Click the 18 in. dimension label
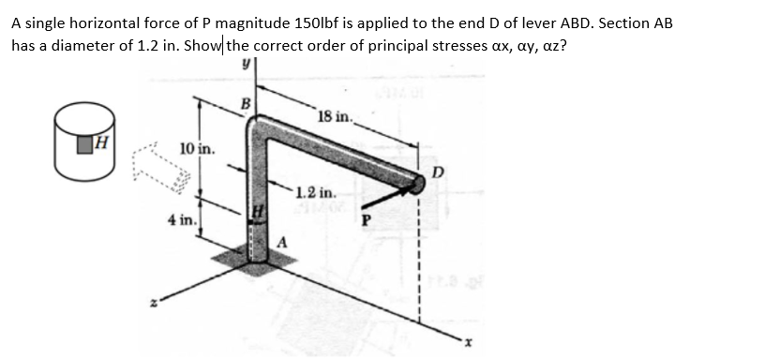[335, 117]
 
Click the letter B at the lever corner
[247, 102]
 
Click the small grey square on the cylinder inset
[87, 144]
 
